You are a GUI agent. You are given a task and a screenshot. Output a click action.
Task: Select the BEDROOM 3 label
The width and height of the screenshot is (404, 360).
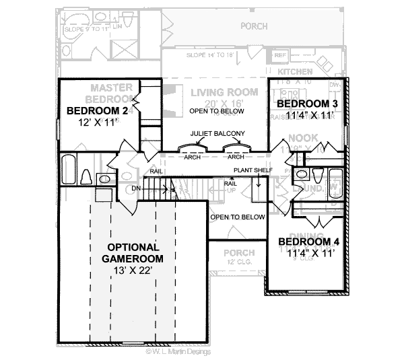click(x=307, y=104)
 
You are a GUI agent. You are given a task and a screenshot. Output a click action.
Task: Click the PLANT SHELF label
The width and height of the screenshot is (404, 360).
click(x=253, y=170)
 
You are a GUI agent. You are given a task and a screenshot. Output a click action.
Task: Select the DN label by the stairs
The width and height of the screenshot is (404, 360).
click(x=137, y=188)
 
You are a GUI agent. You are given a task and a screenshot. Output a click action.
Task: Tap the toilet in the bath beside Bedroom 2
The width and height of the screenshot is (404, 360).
click(x=86, y=176)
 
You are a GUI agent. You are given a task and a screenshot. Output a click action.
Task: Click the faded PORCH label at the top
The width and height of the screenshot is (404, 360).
click(x=253, y=26)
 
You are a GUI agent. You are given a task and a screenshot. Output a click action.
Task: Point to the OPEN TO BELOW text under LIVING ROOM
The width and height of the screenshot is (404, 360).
click(x=216, y=111)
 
